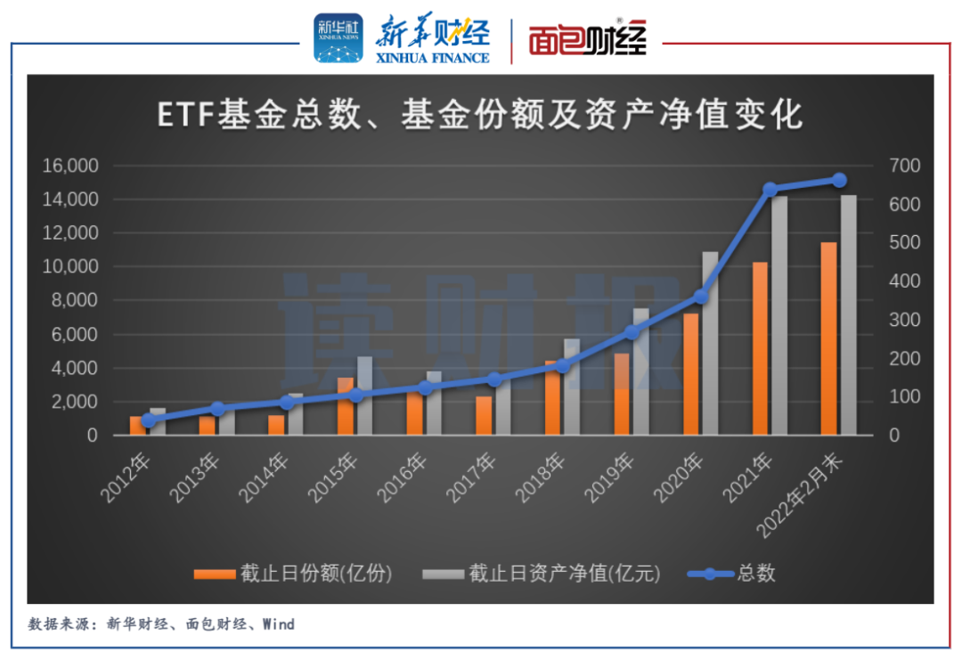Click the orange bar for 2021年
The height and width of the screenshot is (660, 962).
pyautogui.click(x=760, y=348)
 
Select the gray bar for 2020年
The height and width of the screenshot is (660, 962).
pyautogui.click(x=710, y=343)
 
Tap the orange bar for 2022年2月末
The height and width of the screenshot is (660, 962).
pyautogui.click(x=829, y=338)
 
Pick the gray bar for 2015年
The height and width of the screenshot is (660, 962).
pyautogui.click(x=364, y=395)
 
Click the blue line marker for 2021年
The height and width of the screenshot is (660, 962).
pyautogui.click(x=770, y=189)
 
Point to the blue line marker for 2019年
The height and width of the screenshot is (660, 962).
pyautogui.click(x=632, y=332)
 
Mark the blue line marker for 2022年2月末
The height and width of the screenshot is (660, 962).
pyautogui.click(x=839, y=180)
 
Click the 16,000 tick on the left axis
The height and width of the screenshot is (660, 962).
pyautogui.click(x=69, y=166)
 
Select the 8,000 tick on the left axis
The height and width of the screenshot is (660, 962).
pyautogui.click(x=73, y=300)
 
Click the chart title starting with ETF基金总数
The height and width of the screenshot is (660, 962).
pyautogui.click(x=480, y=115)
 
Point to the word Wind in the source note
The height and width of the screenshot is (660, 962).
pyautogui.click(x=279, y=624)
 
